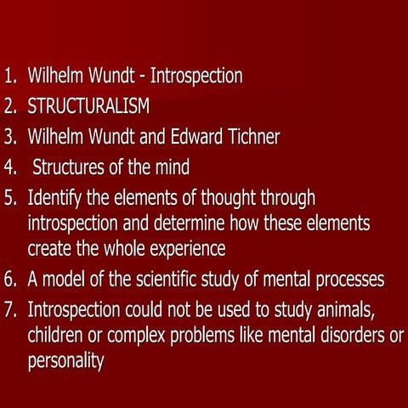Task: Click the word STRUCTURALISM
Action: tap(88, 106)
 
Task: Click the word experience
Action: tap(181, 249)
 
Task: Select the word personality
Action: tap(65, 361)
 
